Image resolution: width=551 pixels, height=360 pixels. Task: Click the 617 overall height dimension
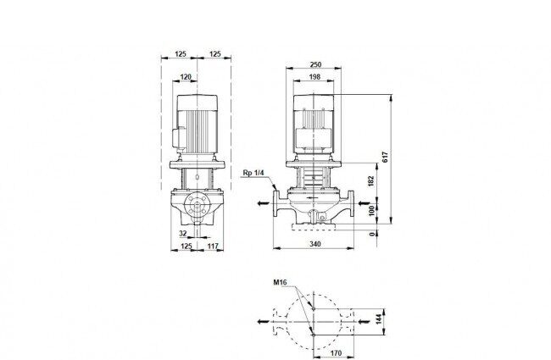(386, 157)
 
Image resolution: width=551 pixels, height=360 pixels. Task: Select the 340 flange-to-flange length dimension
(315, 244)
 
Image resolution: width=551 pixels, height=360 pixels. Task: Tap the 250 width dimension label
(315, 64)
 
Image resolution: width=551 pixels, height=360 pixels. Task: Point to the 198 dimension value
(314, 77)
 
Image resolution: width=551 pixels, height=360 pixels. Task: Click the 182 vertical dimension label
(372, 181)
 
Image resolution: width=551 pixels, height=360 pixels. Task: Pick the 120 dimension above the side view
(186, 77)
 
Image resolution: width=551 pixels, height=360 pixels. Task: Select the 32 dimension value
(183, 234)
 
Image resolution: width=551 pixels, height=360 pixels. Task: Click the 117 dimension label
(213, 246)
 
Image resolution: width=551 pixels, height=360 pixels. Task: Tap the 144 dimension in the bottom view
(378, 319)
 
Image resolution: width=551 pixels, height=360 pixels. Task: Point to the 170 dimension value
(336, 353)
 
